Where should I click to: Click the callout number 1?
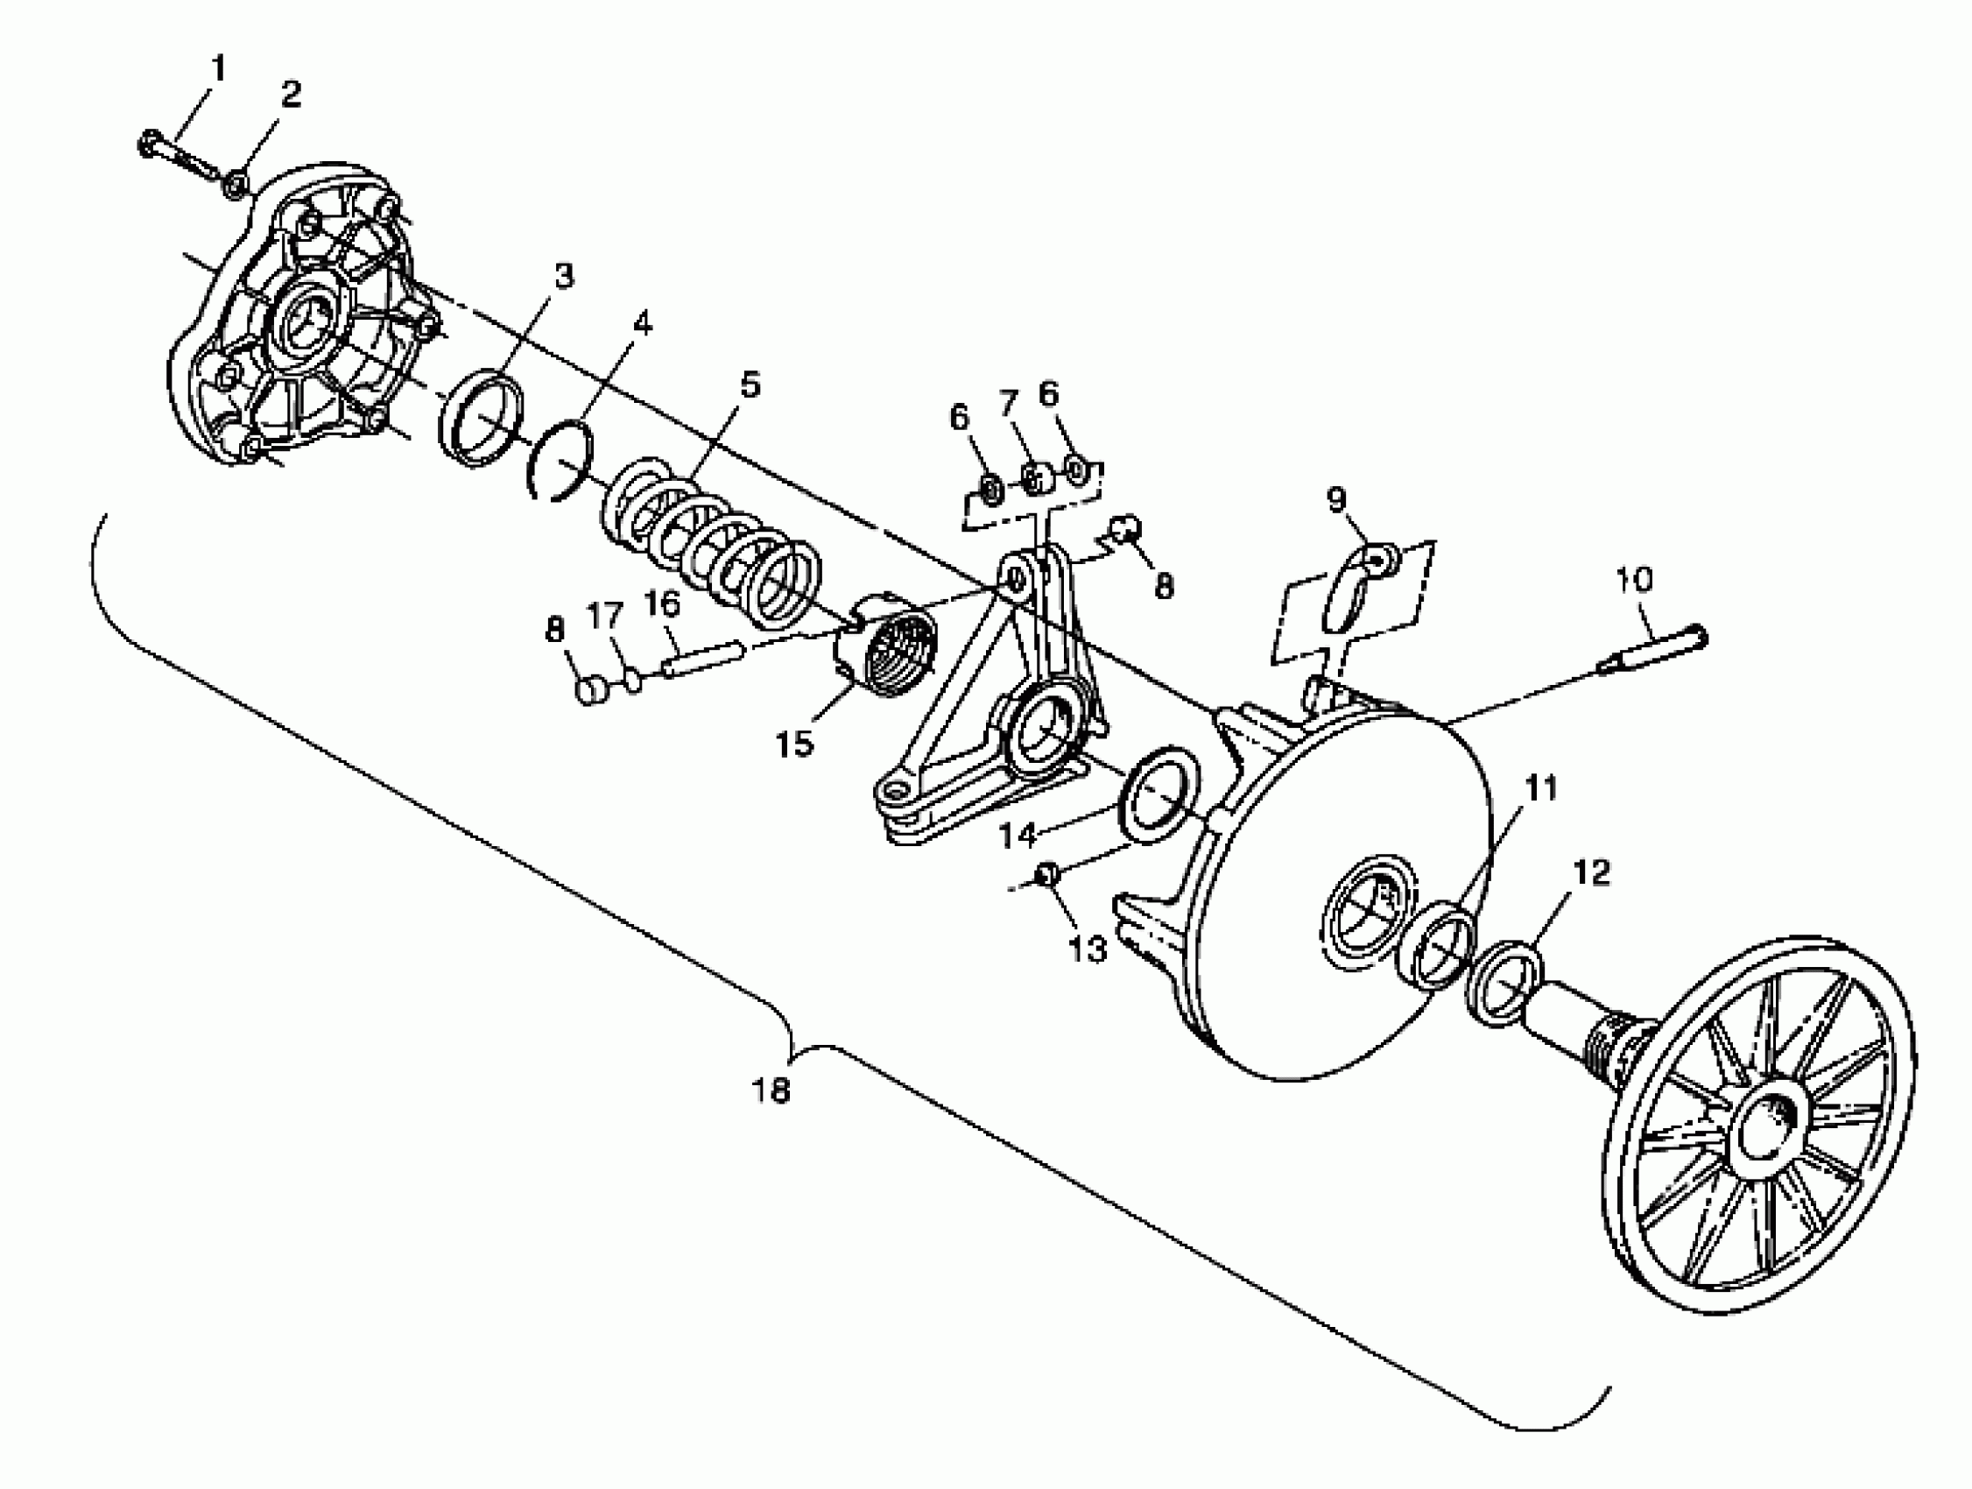click(x=218, y=68)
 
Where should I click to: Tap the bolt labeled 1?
click(x=179, y=153)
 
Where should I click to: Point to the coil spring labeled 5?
click(x=713, y=544)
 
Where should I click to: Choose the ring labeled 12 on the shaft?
click(x=1505, y=981)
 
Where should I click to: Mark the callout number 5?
click(x=750, y=386)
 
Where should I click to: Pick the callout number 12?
click(x=1592, y=873)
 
